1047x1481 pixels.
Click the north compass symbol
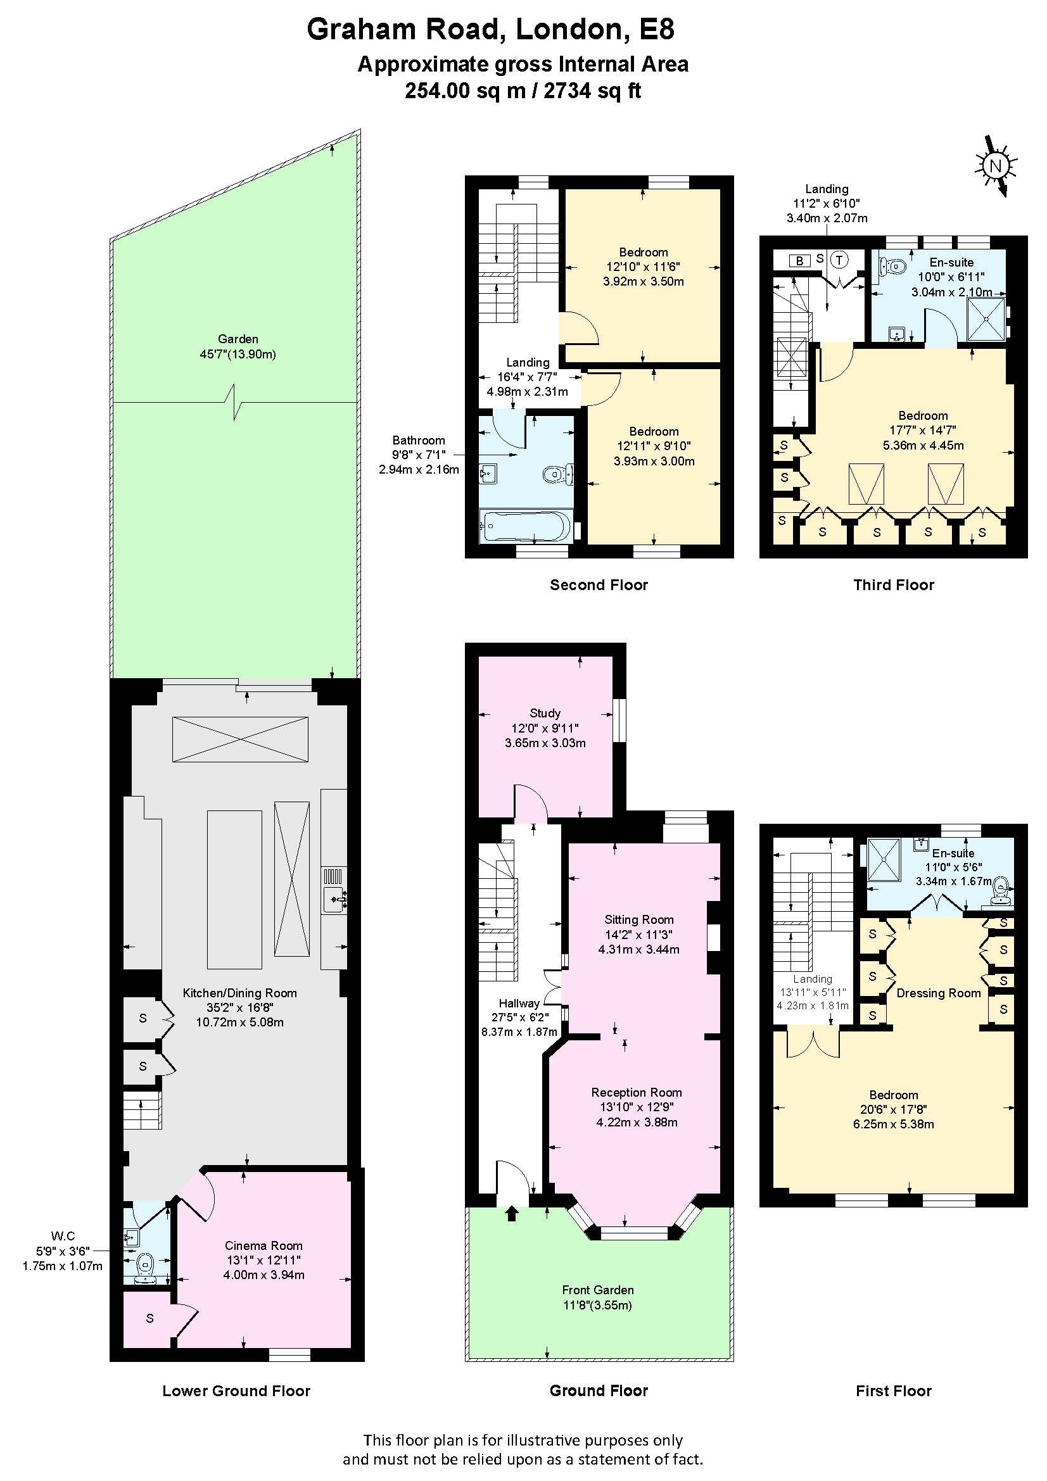tap(996, 166)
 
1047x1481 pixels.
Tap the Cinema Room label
tap(263, 1245)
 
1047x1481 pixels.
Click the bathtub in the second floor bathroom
tap(525, 526)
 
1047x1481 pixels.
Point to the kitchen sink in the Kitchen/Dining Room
tap(334, 891)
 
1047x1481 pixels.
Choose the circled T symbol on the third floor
tap(839, 260)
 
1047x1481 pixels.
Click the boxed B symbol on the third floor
tap(800, 261)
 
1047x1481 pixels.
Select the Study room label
tap(545, 713)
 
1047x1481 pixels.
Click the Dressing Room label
tap(939, 993)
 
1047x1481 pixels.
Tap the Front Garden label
tap(598, 1289)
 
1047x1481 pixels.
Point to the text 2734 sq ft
tap(593, 91)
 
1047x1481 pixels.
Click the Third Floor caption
tap(894, 585)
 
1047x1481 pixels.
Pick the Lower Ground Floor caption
tap(236, 1390)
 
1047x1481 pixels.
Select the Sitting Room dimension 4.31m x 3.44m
tap(638, 949)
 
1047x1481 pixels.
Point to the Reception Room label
tap(637, 1092)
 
